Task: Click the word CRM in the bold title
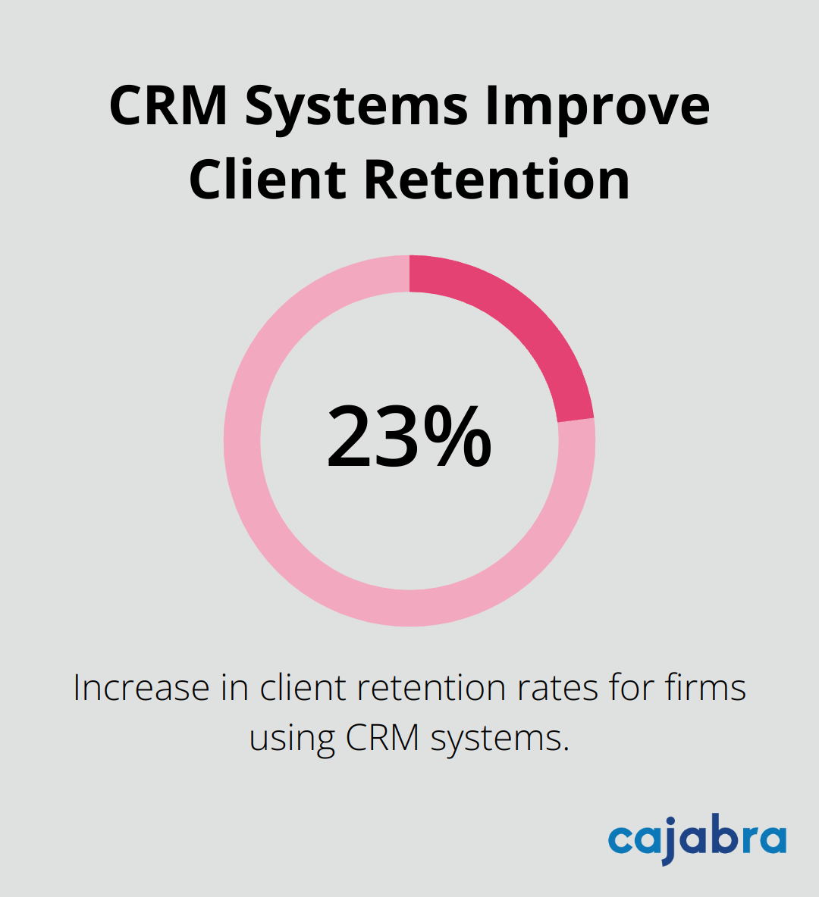[168, 105]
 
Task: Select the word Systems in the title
[356, 107]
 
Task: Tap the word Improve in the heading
[597, 107]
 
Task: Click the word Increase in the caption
[141, 688]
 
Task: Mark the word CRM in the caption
[383, 736]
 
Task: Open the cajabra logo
[697, 839]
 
